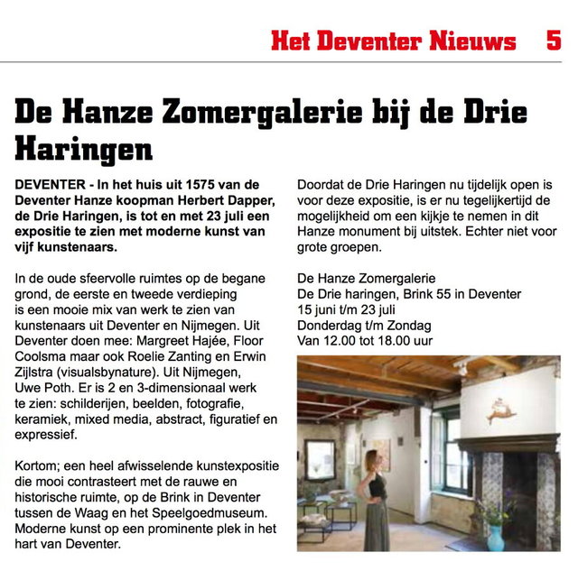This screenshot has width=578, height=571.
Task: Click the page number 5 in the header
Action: [x=553, y=41]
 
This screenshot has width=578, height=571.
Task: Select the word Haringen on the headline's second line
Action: [x=83, y=146]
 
